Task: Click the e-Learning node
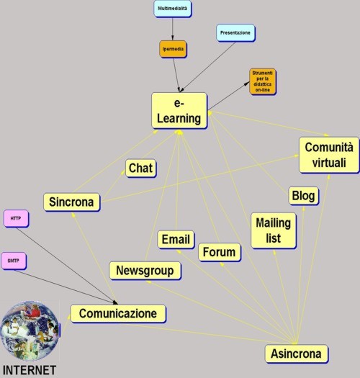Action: (179, 111)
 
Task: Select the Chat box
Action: (141, 168)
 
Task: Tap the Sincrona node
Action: (71, 202)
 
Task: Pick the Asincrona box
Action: (297, 354)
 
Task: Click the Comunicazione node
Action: (118, 313)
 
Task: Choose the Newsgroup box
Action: (145, 271)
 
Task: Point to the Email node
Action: (176, 239)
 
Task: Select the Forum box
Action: (220, 252)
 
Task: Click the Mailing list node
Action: (274, 230)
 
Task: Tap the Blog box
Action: (304, 196)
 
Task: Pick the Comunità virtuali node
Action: (329, 155)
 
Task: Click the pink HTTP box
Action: (16, 218)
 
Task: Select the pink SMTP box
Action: (14, 261)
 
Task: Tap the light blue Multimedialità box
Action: (173, 9)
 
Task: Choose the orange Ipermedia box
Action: (173, 49)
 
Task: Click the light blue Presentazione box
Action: (235, 33)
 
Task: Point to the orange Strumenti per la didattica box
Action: (263, 81)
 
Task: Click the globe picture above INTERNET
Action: (30, 330)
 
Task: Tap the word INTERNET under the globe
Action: (30, 370)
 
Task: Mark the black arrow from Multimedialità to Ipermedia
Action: (172, 29)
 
